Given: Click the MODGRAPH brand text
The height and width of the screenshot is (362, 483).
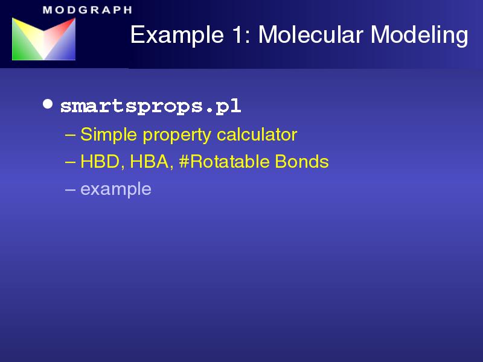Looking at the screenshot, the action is [x=88, y=10].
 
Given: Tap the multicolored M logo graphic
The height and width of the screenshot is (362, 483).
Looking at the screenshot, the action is [x=43, y=39].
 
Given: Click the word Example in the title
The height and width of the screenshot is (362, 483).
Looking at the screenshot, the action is [x=177, y=35].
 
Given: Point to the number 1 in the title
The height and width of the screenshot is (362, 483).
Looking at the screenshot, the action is [x=237, y=34].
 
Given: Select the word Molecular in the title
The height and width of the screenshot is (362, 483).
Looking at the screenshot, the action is [x=311, y=34].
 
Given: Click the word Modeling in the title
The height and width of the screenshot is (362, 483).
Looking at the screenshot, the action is [x=419, y=36].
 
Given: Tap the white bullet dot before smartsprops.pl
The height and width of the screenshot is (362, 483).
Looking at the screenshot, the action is [x=48, y=104].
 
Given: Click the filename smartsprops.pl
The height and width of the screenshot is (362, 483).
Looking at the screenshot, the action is [x=150, y=107].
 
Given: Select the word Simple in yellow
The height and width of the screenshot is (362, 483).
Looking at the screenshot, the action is [x=109, y=135].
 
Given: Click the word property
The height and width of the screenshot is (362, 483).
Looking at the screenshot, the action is [x=176, y=136].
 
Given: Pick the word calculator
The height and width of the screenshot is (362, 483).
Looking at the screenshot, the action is [x=257, y=135].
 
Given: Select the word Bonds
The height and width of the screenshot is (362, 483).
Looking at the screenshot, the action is [x=301, y=161].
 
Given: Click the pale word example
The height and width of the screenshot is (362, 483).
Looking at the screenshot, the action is [x=116, y=189].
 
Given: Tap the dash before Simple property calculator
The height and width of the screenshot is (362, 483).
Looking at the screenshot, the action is [x=70, y=135].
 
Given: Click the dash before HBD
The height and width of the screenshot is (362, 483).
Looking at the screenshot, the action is [x=70, y=162].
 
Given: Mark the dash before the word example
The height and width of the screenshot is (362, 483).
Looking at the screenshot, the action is [x=70, y=189].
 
